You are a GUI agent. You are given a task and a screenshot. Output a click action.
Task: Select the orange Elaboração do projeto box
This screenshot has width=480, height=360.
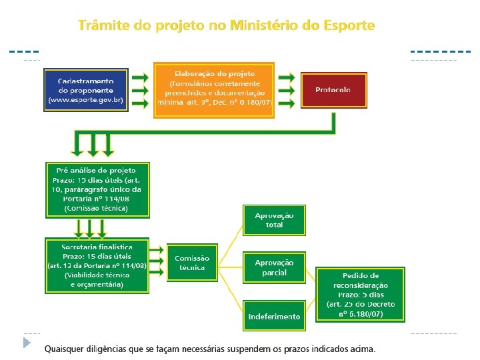coord(214,90)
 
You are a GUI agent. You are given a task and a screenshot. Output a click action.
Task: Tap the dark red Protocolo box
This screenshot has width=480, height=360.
coord(333,89)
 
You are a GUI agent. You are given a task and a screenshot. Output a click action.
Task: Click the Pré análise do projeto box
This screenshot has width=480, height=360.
coord(97,189)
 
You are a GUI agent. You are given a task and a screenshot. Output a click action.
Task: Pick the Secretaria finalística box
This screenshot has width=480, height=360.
coord(97,265)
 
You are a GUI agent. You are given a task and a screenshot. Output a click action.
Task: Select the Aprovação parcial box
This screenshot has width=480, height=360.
coord(273,268)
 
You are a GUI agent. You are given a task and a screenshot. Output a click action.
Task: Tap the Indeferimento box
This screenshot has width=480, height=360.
coord(273,316)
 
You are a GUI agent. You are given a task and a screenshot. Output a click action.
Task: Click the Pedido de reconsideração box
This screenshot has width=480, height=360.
coord(360,295)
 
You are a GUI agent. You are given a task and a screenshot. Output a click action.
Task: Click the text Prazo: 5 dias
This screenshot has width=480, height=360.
coord(360,295)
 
